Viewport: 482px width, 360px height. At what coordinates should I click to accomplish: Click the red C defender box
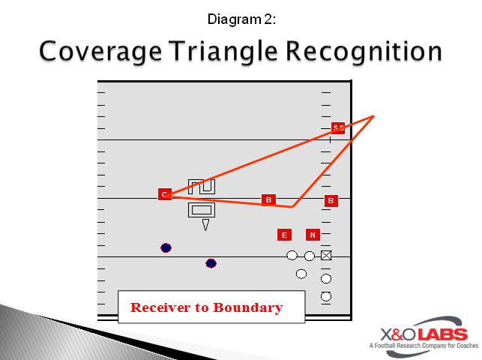[165, 195]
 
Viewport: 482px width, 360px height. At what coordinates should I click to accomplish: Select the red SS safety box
[338, 128]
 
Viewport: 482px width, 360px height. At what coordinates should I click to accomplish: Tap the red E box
[284, 235]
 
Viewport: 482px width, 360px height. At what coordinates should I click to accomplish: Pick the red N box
[313, 235]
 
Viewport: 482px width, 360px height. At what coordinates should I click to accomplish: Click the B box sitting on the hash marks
[331, 201]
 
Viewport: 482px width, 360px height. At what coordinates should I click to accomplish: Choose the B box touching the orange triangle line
[268, 199]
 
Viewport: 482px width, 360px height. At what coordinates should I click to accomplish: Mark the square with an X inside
[326, 256]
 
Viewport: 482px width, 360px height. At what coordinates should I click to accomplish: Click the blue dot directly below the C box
[166, 247]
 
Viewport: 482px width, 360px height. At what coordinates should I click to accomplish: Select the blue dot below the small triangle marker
[211, 263]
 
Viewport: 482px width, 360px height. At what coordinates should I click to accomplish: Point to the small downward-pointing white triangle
[205, 224]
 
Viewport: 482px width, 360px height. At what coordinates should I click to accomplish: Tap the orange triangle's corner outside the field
[373, 116]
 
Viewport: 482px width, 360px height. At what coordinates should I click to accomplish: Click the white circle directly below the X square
[326, 279]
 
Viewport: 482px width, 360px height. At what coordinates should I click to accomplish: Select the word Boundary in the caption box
[248, 307]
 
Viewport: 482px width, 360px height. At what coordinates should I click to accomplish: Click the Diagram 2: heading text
[241, 19]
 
